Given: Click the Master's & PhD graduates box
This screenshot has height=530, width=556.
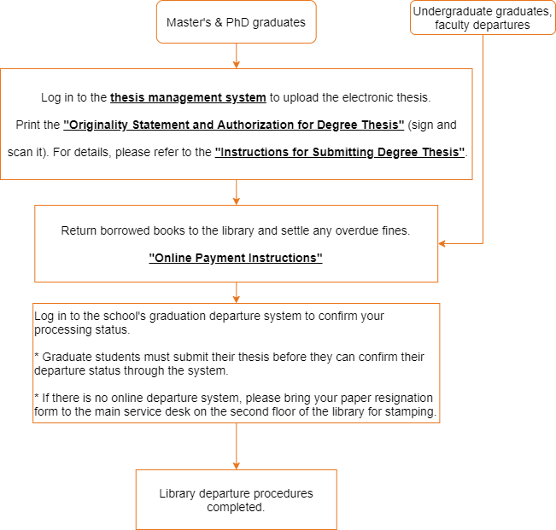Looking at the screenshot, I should [236, 23].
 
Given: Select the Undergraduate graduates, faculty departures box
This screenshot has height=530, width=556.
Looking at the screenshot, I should [482, 18].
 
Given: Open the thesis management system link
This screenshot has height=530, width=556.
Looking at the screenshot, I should [188, 97].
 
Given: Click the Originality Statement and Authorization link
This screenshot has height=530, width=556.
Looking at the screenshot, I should [234, 125].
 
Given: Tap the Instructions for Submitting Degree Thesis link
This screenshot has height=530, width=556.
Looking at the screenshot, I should [340, 152].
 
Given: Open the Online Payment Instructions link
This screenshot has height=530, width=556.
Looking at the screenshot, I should [236, 258].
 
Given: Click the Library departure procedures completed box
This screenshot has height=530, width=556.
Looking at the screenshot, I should [236, 499].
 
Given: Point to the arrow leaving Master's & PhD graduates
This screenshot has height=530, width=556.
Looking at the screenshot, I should [236, 55].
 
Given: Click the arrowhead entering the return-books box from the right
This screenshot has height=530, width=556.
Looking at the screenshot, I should [443, 243].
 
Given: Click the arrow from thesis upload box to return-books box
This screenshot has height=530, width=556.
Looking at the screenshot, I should [236, 193].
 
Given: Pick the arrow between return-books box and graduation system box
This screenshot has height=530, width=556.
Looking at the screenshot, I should [236, 293].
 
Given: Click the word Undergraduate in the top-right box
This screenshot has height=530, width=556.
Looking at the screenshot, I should [448, 11].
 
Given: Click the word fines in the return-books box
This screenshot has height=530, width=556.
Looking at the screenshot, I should [395, 230].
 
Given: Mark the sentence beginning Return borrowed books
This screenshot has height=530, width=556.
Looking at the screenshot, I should [236, 230].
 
